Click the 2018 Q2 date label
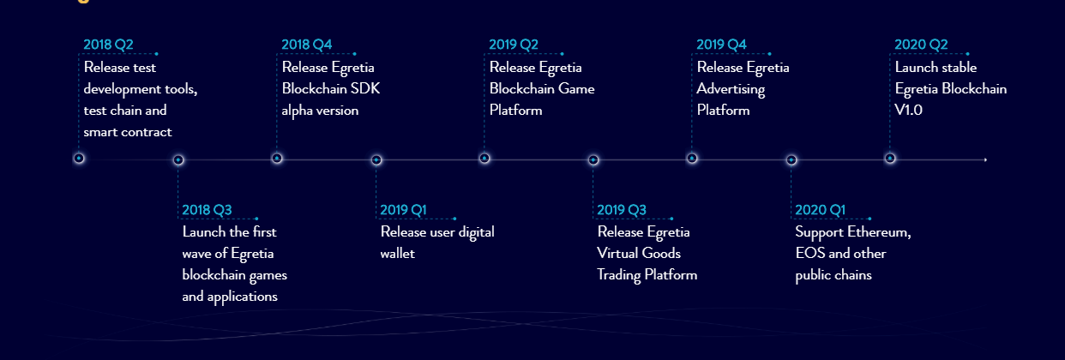coord(108,45)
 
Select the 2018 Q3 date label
coord(207,210)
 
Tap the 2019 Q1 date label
coord(403,210)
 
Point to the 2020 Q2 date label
coord(921,45)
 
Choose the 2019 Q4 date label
coord(721,45)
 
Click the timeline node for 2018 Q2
coord(79,159)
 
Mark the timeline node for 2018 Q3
coord(178,160)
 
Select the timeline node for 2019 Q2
coord(484,159)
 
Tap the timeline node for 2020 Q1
coord(791,160)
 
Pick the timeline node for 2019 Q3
coord(593,160)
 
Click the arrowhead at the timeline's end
coord(985,159)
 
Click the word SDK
coord(365,88)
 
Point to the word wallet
coord(398,254)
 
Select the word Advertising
coord(731,89)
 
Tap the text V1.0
coord(908,111)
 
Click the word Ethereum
coord(879,232)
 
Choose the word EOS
coord(810,254)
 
